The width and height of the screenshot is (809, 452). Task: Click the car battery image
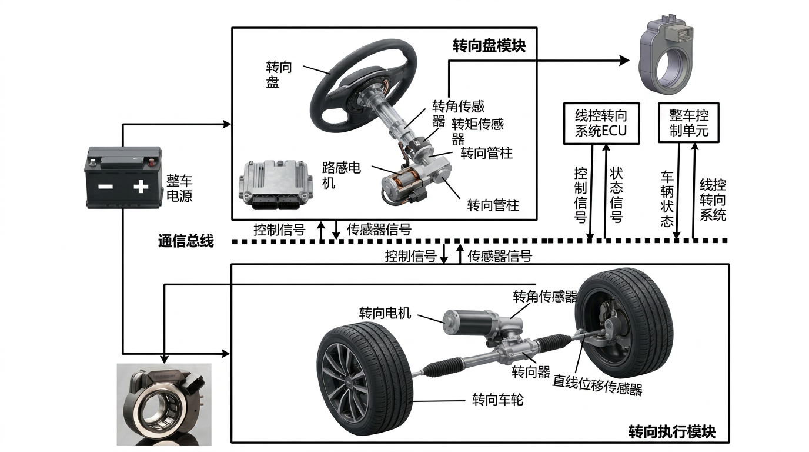click(x=123, y=177)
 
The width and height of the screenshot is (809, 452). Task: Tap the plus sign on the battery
click(x=141, y=187)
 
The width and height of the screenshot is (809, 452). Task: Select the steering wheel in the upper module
click(x=363, y=86)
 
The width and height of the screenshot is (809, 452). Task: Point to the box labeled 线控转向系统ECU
click(x=601, y=124)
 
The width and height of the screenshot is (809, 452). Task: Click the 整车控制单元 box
click(x=688, y=122)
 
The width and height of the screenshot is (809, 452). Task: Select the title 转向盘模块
click(x=489, y=46)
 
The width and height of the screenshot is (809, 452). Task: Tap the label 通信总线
click(x=186, y=241)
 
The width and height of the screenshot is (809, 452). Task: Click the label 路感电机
click(x=341, y=175)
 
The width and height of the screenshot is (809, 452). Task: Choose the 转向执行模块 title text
click(x=672, y=432)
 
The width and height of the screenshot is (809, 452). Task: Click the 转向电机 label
click(x=385, y=313)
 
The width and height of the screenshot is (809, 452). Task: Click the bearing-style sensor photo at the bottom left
click(x=164, y=404)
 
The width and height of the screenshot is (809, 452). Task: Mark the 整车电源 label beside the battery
click(x=179, y=188)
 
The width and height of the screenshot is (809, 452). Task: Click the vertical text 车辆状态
click(x=667, y=198)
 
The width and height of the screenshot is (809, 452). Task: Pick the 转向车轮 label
click(x=497, y=400)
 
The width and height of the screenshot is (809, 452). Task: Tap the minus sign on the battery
click(x=106, y=187)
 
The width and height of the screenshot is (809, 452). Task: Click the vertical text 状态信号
click(x=616, y=195)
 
